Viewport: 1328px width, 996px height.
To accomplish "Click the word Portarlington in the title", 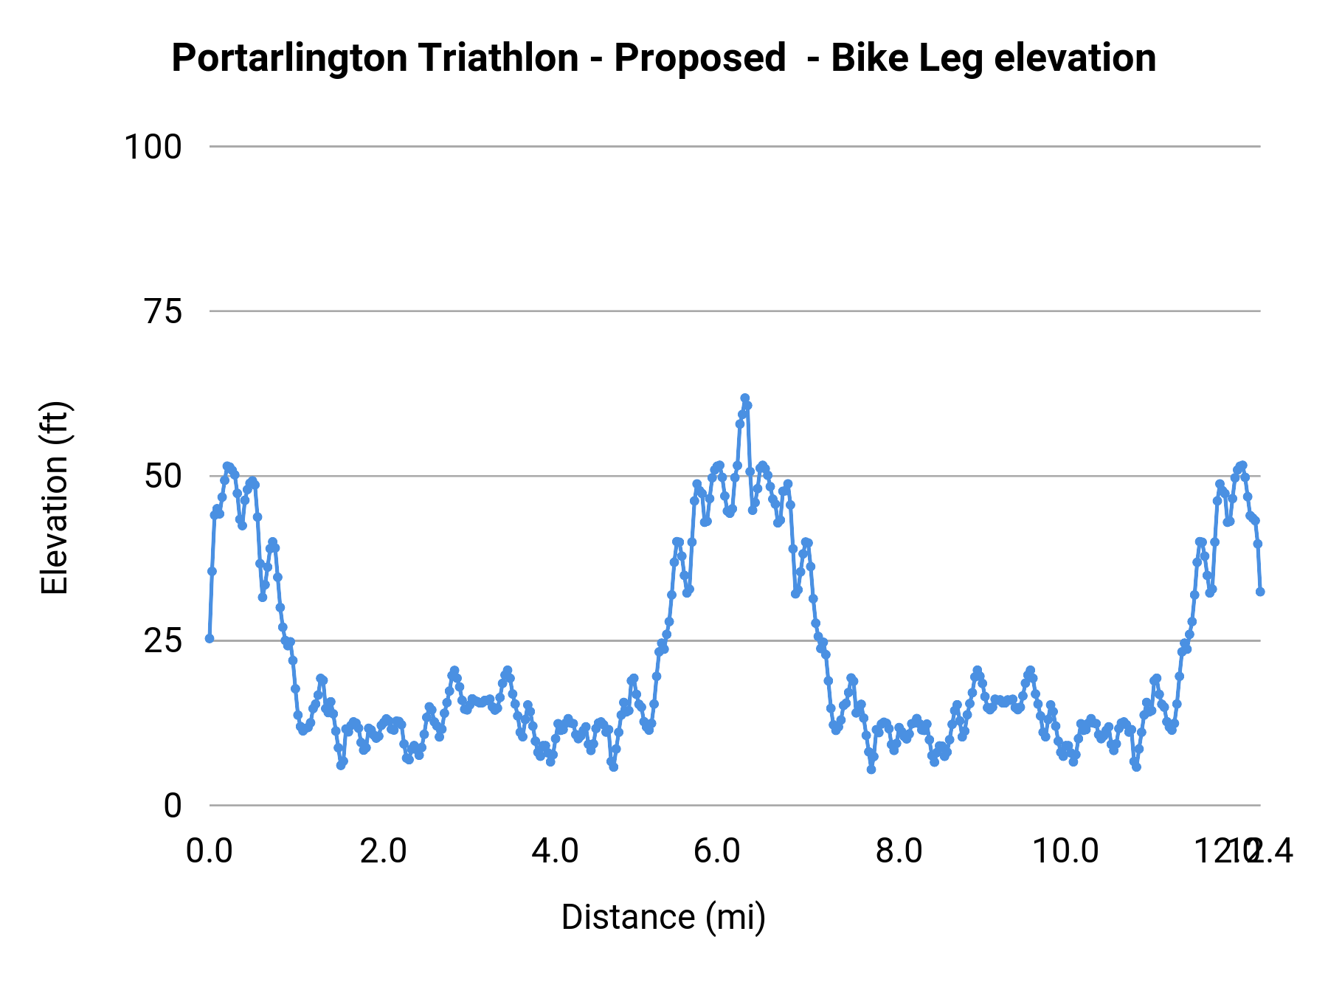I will coord(290,58).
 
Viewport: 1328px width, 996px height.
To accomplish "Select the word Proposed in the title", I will coord(699,58).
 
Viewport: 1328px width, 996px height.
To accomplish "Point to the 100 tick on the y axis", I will coord(153,147).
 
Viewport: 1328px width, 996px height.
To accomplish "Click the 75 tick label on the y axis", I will coord(163,312).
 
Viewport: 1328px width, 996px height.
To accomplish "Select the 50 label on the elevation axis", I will coord(163,477).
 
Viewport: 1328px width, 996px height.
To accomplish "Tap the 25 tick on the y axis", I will coord(163,641).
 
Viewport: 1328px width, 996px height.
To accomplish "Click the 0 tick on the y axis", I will coord(173,806).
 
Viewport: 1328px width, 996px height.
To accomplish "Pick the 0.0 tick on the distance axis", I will coord(210,852).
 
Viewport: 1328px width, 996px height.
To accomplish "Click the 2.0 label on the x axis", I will coord(383,852).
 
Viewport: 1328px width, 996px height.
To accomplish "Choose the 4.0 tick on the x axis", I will coord(556,852).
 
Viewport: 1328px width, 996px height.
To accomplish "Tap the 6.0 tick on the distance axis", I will coord(717,852).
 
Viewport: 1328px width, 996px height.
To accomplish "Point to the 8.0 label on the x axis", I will coord(899,852).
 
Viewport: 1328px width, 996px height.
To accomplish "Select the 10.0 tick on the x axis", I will coord(1065,852).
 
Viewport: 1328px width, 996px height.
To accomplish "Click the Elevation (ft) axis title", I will coord(55,498).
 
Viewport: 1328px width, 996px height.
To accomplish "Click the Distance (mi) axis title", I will coord(663,917).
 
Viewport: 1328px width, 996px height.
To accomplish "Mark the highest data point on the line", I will coord(744,398).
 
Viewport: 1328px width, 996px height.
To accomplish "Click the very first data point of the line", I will coord(210,638).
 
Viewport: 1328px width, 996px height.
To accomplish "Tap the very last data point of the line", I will coord(1260,592).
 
